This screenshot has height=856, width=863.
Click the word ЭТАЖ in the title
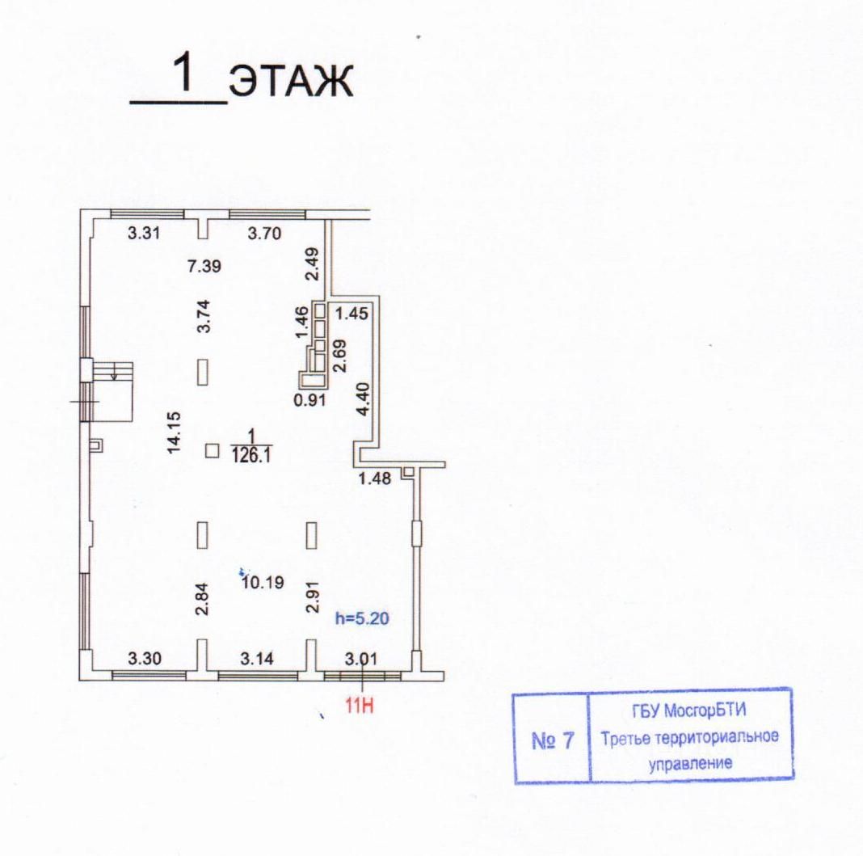291,83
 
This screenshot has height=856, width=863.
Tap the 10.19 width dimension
262,581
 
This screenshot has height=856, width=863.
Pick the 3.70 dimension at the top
264,234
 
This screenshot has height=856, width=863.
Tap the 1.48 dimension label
375,479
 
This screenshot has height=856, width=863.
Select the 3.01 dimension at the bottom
361,658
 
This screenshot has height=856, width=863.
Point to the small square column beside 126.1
213,451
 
